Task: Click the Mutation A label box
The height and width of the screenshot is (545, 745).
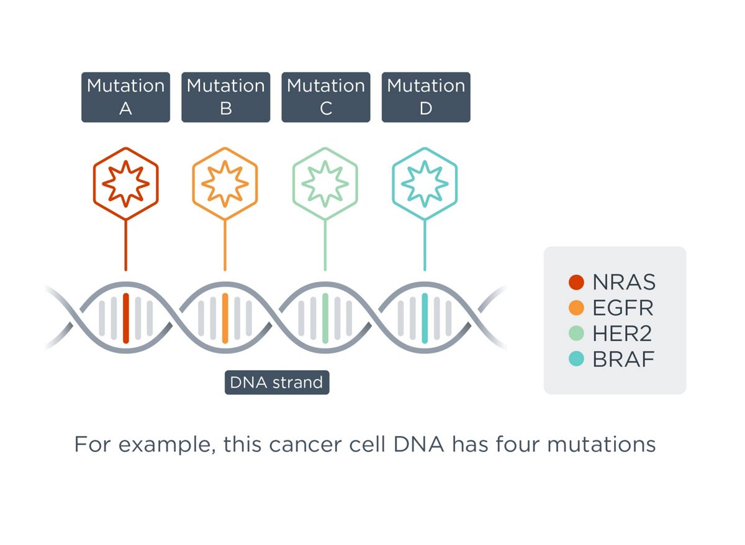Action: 125,97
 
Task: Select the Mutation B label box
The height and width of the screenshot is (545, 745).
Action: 225,97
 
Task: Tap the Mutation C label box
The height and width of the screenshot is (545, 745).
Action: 326,97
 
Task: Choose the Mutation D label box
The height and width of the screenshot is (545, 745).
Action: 426,97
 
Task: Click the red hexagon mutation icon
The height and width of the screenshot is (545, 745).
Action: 125,184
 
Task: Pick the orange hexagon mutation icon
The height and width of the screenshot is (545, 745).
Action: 225,184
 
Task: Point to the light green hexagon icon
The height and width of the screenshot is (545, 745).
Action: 325,184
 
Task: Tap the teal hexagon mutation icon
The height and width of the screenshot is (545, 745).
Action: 425,184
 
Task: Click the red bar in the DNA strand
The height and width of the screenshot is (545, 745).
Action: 125,318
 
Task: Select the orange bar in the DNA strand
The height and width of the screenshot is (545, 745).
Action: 225,318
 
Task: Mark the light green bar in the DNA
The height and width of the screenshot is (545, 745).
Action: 325,318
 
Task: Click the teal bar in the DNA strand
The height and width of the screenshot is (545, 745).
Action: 425,318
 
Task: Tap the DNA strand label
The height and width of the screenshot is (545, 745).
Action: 277,383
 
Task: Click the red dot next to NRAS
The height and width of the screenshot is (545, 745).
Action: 577,283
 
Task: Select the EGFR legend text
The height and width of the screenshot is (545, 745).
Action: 623,308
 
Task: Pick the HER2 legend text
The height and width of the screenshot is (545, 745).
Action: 623,334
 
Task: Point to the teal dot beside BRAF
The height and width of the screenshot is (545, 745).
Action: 577,359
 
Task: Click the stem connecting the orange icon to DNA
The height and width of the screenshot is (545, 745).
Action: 225,245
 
